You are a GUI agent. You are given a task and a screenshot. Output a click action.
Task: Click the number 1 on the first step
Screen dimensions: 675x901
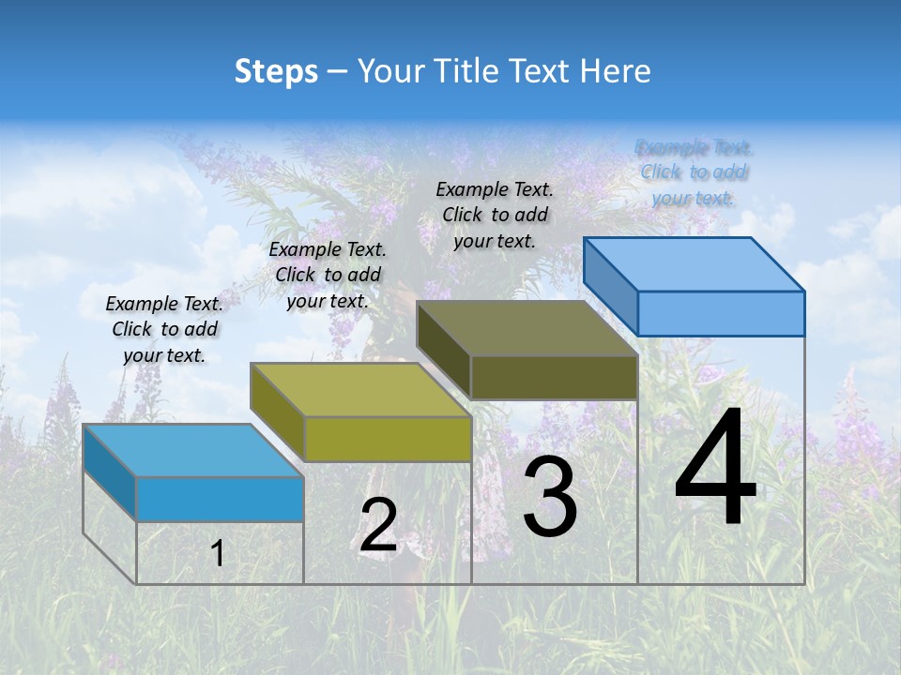[217, 554]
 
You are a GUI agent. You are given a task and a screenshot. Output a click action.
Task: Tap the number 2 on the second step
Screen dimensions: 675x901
[378, 524]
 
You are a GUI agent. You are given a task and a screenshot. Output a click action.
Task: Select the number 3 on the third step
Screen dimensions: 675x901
[550, 497]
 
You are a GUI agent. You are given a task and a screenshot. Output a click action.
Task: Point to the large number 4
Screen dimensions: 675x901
[715, 469]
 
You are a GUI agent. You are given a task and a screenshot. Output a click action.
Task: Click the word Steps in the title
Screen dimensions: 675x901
[275, 71]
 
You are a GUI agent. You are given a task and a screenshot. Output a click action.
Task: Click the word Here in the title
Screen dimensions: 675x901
[616, 71]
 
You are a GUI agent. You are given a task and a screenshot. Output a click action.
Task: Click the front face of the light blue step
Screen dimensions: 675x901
[721, 313]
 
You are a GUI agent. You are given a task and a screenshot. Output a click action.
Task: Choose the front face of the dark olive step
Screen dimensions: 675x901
[554, 377]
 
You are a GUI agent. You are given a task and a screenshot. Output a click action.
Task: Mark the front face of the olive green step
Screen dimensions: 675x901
[387, 439]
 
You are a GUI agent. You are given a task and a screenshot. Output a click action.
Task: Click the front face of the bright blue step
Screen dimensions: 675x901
[220, 499]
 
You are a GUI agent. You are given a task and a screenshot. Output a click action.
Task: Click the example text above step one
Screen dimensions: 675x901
[164, 329]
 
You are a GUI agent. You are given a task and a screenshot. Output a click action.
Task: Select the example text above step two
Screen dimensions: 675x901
[328, 275]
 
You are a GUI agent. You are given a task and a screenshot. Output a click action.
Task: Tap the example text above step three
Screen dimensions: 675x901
[495, 215]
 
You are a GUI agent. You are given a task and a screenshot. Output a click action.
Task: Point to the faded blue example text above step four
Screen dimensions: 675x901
[694, 172]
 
